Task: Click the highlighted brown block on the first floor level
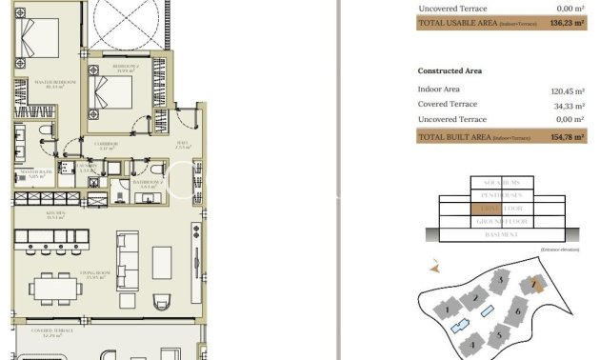tap(485, 208)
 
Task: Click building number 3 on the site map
tap(499, 280)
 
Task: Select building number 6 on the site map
tap(518, 310)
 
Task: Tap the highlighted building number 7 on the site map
tap(536, 284)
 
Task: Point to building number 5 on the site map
tap(497, 335)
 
